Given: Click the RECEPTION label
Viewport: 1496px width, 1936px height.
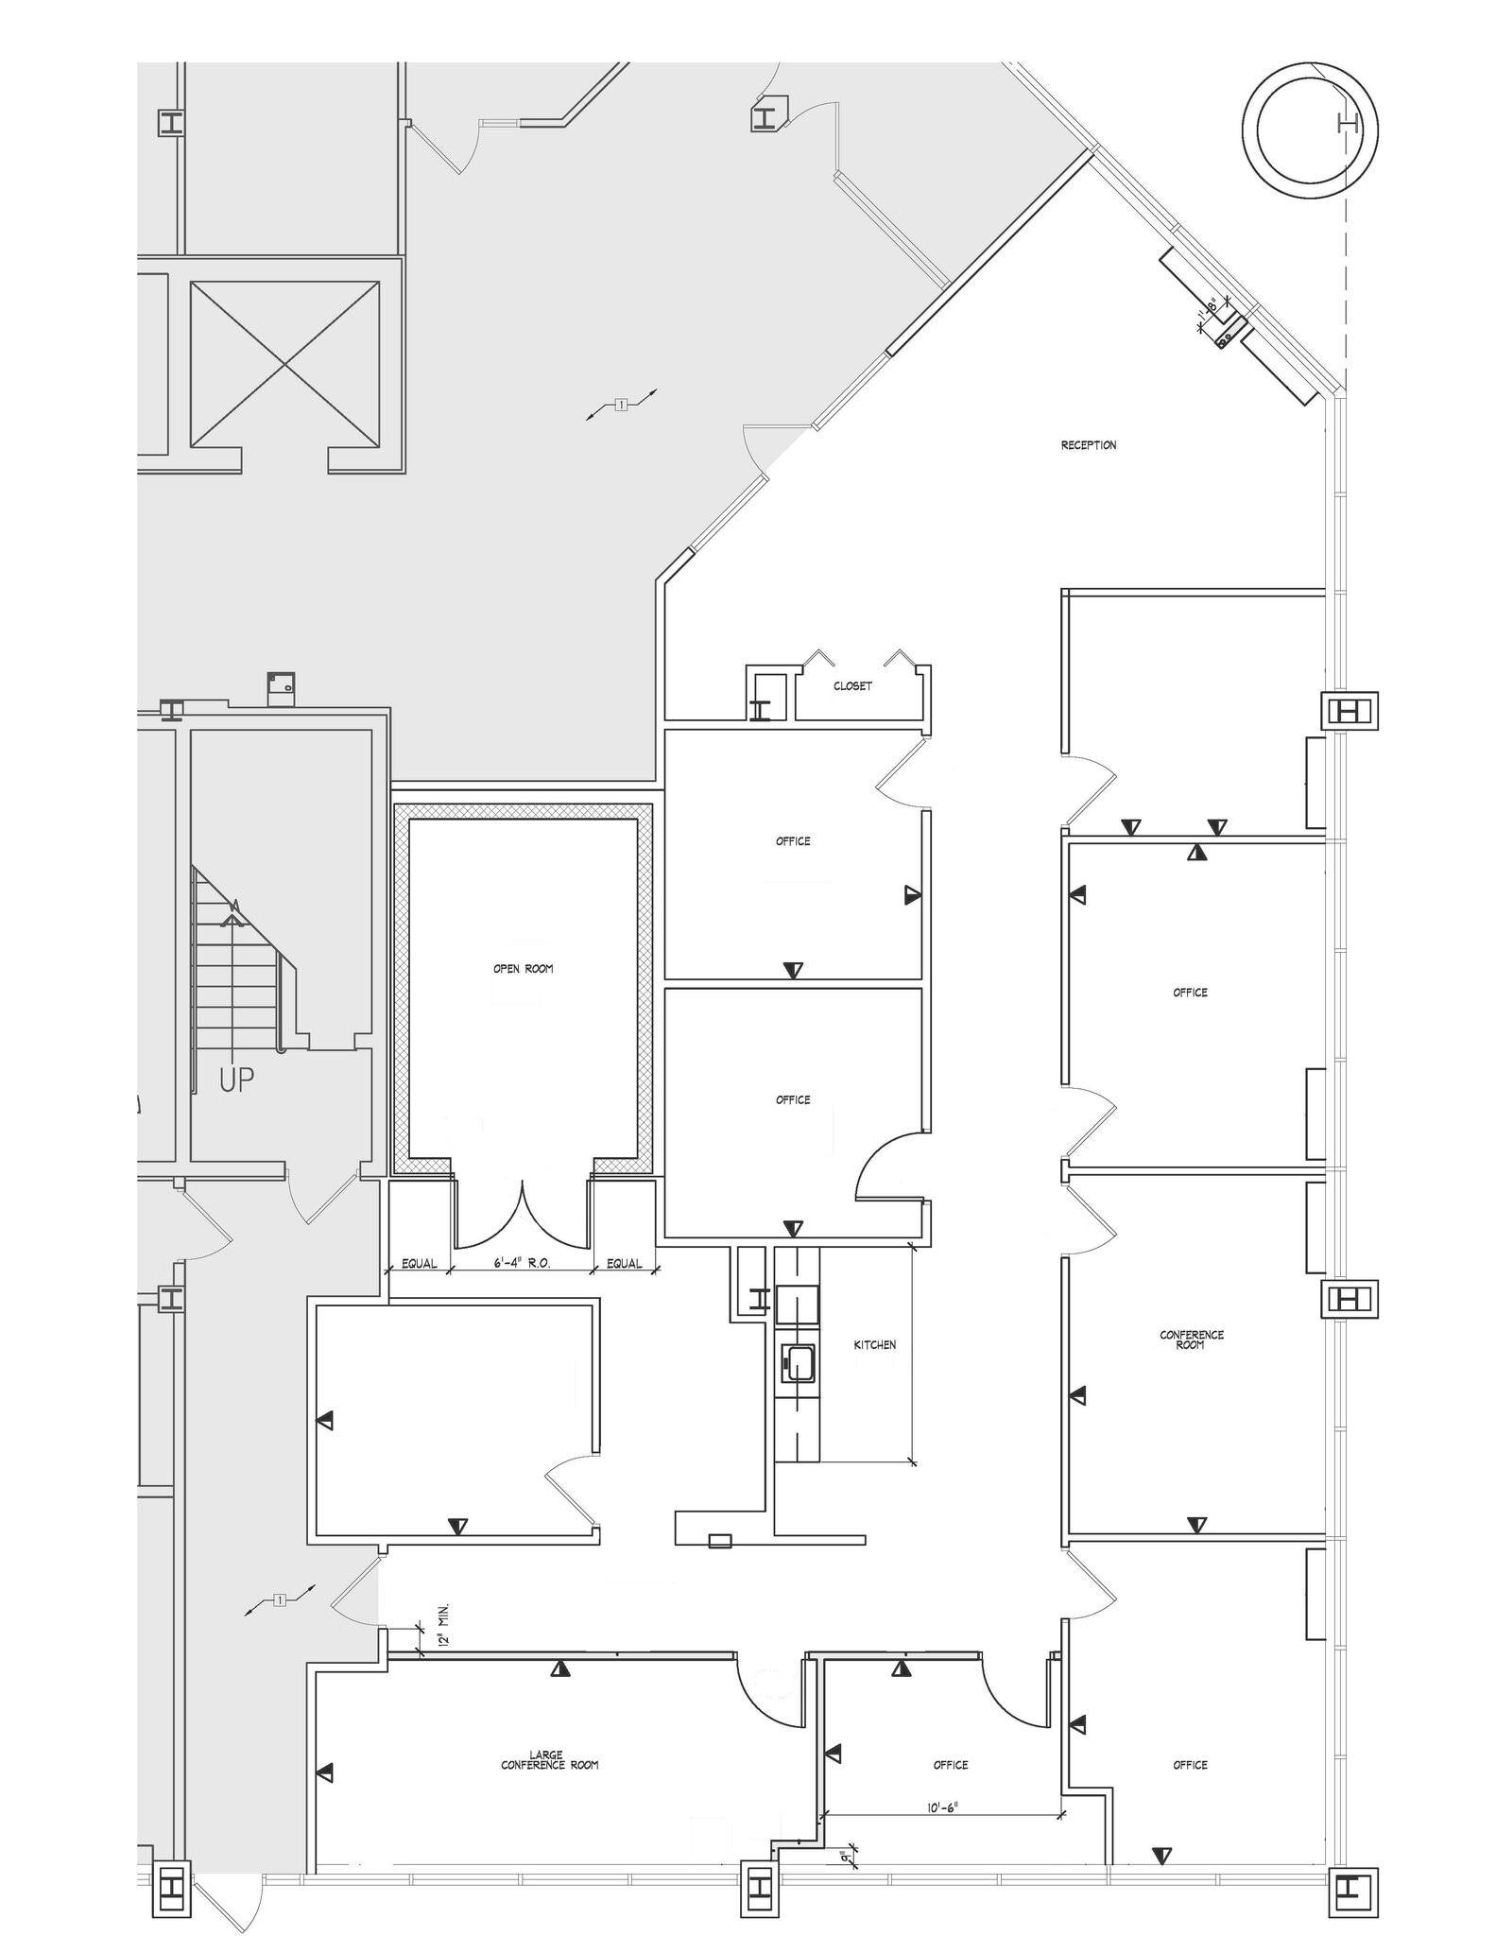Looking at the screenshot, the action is click(1088, 445).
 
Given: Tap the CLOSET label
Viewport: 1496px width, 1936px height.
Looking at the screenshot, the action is click(852, 686).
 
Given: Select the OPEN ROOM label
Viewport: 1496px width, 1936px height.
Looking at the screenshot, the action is click(523, 969).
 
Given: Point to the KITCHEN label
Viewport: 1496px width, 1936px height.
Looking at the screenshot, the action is click(875, 1344).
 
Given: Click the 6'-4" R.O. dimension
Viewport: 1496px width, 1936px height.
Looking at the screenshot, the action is click(523, 1263).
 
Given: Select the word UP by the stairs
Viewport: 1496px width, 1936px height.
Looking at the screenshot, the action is click(236, 1079).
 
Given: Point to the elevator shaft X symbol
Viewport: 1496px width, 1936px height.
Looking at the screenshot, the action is click(284, 364).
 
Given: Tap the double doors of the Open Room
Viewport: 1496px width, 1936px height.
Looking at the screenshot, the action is click(524, 1214).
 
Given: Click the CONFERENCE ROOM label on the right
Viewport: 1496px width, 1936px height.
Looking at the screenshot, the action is click(1191, 1340).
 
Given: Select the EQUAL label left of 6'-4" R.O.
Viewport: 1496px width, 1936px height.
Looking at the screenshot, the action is click(420, 1263).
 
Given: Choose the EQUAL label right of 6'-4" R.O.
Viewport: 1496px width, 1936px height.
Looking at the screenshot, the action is click(625, 1263).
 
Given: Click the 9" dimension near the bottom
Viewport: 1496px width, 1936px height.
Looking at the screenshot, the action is click(853, 1858).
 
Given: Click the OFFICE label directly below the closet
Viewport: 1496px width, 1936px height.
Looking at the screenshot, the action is click(793, 841).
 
